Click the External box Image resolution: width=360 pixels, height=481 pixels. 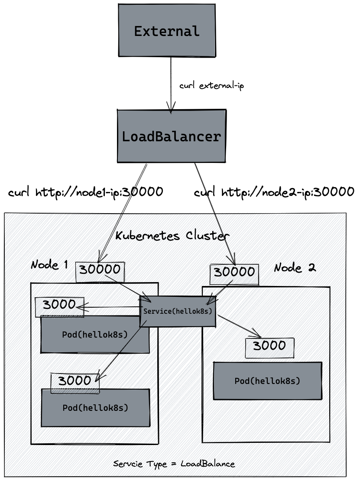[x=167, y=31]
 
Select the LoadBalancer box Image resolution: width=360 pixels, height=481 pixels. [x=172, y=136]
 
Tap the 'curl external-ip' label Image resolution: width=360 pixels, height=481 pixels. [x=212, y=86]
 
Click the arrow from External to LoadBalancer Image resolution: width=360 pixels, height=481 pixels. [x=172, y=82]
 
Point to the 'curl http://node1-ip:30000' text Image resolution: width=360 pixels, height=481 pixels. [x=86, y=192]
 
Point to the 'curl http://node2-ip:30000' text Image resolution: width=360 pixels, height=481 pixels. [x=274, y=192]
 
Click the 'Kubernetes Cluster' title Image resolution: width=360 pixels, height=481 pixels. [x=172, y=236]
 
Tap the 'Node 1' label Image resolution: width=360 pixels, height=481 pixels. [x=49, y=264]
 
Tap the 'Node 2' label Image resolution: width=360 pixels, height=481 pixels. [x=295, y=267]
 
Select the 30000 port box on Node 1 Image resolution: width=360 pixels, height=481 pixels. [x=100, y=270]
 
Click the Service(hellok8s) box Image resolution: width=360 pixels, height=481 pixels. [x=178, y=312]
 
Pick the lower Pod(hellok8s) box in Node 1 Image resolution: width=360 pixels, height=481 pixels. [x=95, y=408]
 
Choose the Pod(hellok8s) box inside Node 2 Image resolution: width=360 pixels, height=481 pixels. [x=267, y=381]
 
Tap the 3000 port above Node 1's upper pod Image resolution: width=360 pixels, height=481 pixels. [x=59, y=305]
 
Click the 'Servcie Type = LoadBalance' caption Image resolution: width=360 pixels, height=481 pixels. [x=174, y=464]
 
